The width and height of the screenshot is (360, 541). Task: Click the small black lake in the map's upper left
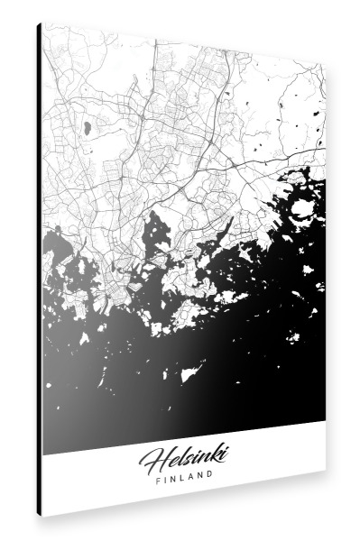pos(87,128)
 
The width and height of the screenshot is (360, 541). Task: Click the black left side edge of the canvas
pos(39,270)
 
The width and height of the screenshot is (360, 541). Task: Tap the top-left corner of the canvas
pos(42,24)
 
